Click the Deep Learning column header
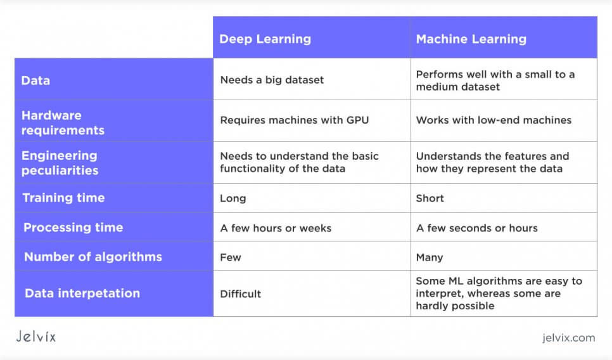click(265, 39)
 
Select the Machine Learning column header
click(471, 39)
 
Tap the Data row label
click(35, 80)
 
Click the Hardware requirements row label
click(63, 123)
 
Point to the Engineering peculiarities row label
click(60, 163)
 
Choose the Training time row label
click(63, 198)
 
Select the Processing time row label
click(73, 228)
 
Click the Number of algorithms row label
click(92, 257)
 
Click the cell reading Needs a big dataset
click(272, 80)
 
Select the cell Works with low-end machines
click(494, 120)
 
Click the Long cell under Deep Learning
click(233, 198)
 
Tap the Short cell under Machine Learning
click(430, 198)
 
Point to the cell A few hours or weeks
click(276, 228)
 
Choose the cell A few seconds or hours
click(476, 228)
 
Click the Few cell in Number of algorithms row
click(231, 257)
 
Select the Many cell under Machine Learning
click(430, 257)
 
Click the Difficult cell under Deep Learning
click(240, 293)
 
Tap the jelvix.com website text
click(568, 338)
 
